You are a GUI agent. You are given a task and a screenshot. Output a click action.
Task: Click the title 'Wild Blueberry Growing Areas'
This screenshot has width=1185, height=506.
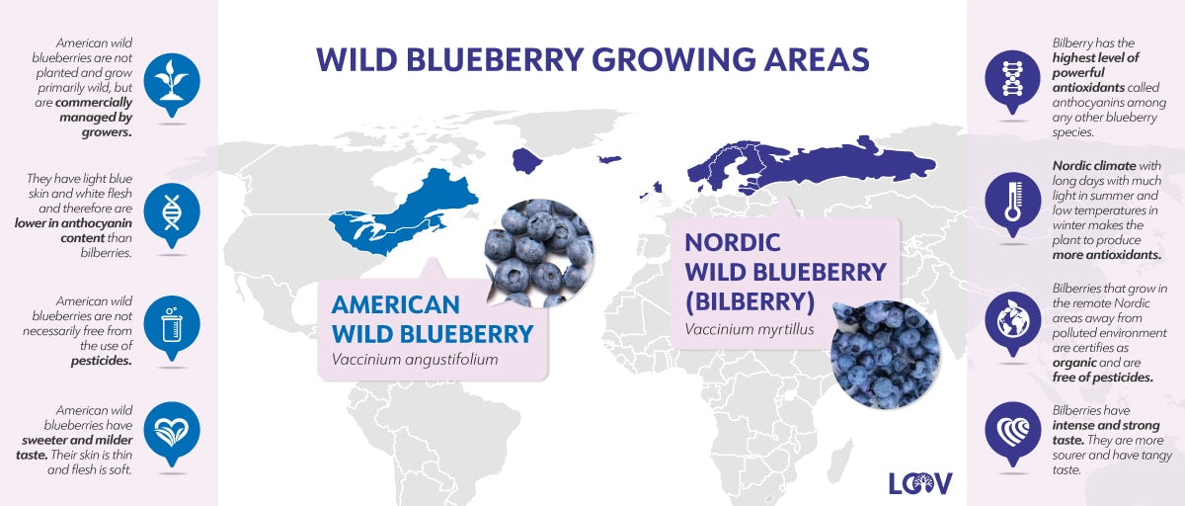[592, 59]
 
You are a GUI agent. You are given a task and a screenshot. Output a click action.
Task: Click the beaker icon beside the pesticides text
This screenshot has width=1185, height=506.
[172, 322]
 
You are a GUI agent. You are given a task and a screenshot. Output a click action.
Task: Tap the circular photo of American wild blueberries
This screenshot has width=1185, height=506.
[539, 253]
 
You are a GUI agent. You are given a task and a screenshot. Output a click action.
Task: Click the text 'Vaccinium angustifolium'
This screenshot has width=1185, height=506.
[415, 359]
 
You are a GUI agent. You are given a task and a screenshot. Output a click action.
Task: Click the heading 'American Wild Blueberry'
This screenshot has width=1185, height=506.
[432, 318]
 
